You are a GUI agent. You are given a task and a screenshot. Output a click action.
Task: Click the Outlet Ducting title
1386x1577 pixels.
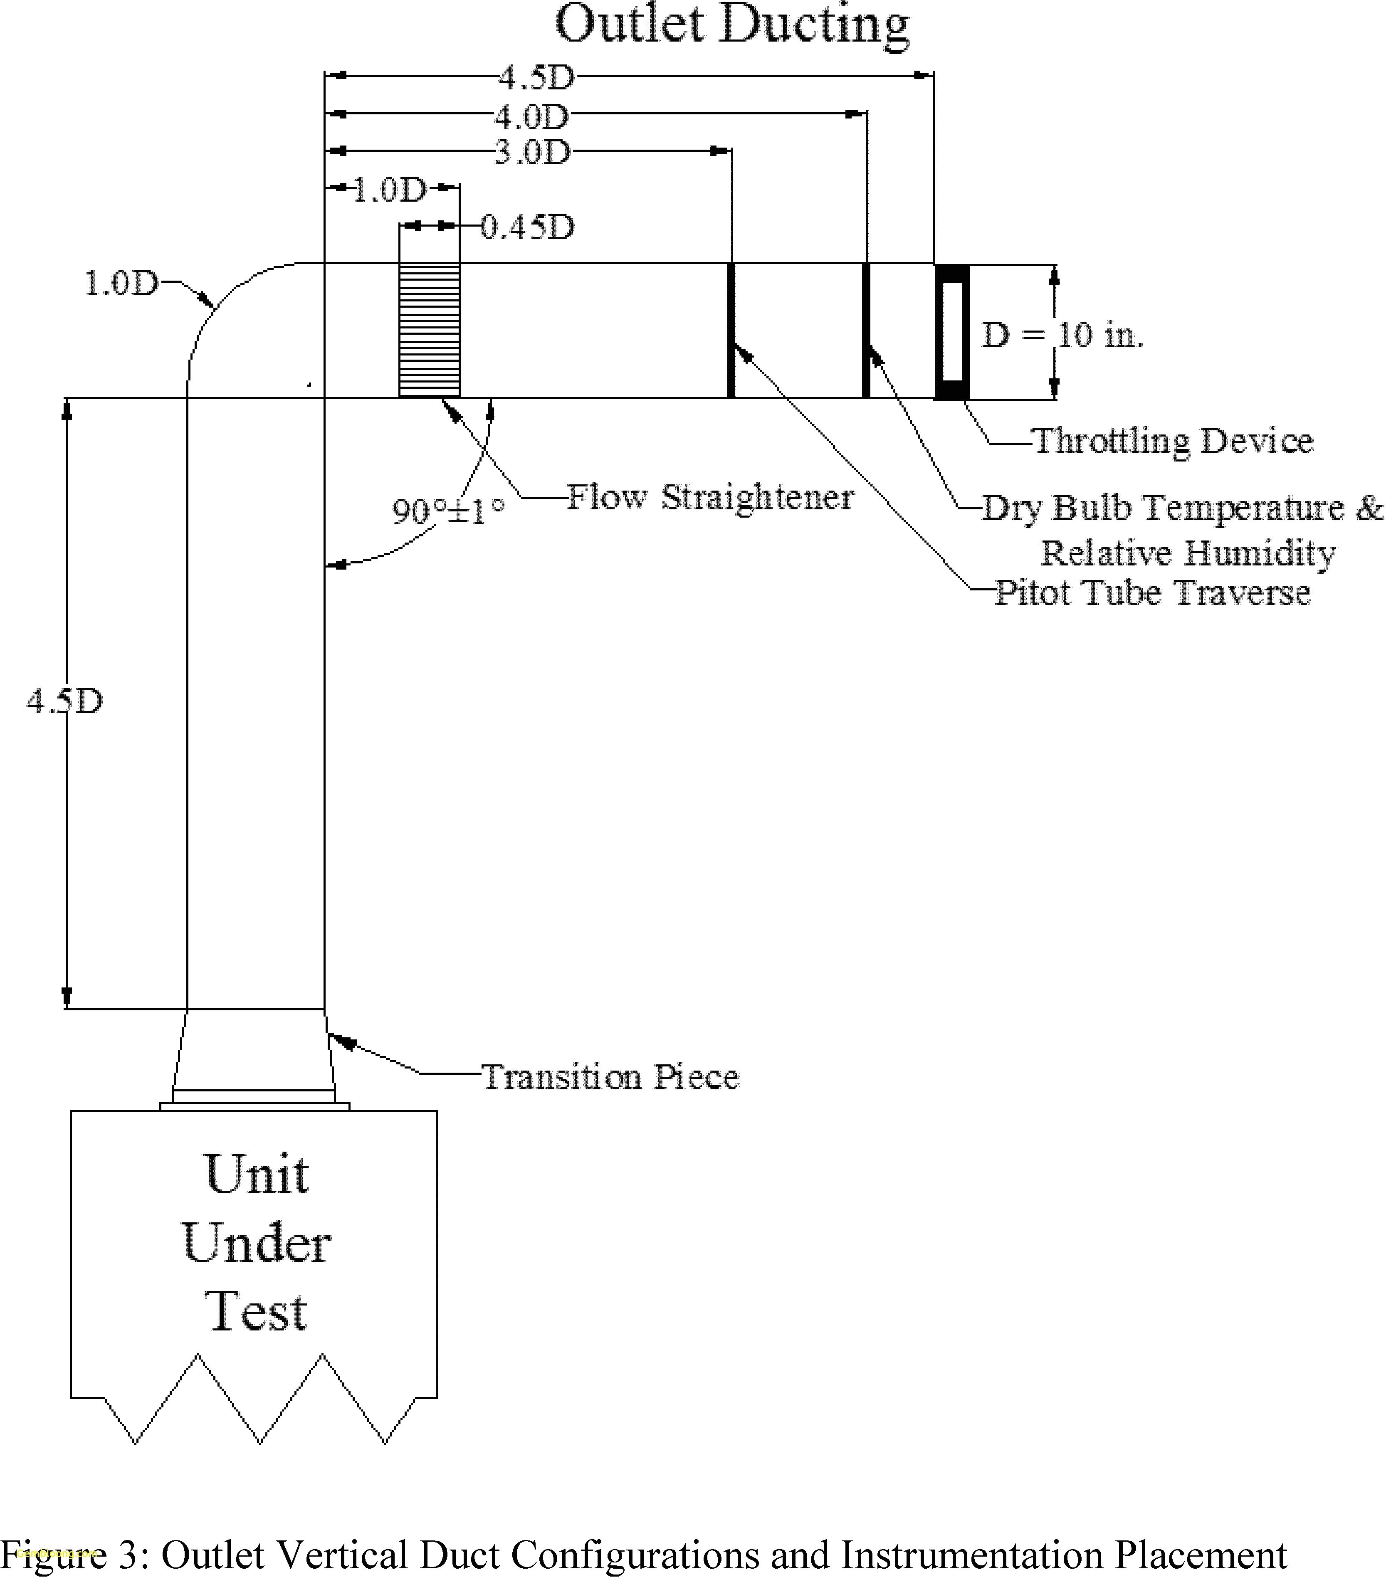point(731,25)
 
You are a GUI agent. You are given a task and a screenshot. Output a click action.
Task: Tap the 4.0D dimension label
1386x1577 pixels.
point(532,117)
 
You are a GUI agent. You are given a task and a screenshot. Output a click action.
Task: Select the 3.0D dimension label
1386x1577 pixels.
point(532,153)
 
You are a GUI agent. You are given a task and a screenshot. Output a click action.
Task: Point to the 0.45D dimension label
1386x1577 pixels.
point(528,227)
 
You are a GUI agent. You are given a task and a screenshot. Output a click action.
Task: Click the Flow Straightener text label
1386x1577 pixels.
point(710,498)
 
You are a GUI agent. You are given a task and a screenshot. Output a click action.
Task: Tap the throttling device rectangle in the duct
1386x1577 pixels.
point(951,332)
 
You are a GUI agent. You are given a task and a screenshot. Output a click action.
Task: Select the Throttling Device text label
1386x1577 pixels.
point(1172,441)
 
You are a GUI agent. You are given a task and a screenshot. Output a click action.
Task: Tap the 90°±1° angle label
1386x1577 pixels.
point(448,510)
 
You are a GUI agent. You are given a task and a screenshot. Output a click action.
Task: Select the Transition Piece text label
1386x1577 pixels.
point(610,1077)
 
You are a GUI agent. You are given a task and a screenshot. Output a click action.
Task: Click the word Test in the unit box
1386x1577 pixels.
point(257,1312)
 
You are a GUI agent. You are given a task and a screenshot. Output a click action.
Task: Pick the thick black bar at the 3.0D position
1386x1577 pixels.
point(731,330)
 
